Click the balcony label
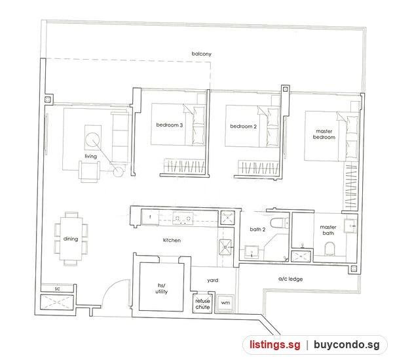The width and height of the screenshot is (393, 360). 201,54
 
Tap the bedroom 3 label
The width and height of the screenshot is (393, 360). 169,125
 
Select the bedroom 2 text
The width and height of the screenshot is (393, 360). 243,127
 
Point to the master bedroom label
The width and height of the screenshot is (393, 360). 324,134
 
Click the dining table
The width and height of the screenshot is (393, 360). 71,239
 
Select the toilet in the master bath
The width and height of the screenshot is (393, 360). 329,249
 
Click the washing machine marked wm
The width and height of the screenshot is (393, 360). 225,303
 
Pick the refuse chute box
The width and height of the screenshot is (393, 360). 202,304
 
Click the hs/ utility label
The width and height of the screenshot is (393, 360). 161,289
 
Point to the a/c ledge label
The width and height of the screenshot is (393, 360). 290,279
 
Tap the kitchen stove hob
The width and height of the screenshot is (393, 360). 183,218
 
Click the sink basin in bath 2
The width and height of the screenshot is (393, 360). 252,252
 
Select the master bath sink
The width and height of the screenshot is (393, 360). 350,226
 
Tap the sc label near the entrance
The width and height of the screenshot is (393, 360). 58,289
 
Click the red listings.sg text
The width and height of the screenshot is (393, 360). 274,345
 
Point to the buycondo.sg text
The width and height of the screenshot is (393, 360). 346,345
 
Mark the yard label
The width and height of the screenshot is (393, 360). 212,280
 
